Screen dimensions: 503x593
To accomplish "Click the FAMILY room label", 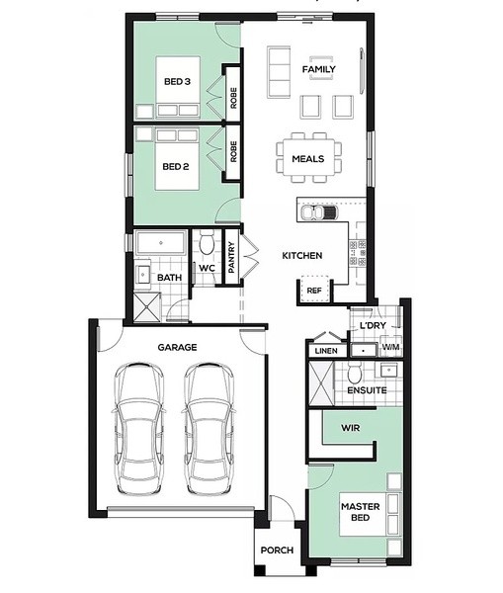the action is coord(319,69).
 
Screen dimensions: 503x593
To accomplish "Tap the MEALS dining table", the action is coord(308,158).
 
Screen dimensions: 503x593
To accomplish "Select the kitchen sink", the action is coord(318,212).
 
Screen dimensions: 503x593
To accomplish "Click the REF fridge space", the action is coord(314,291).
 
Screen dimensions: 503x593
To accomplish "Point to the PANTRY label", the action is coord(231,258).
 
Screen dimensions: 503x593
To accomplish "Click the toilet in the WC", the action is coord(207,242).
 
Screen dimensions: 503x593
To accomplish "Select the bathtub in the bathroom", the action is coord(161,243).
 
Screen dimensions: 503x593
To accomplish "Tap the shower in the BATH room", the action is coord(147,307).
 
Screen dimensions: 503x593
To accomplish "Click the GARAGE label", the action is coord(177,347).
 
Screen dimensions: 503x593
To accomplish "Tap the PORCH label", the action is coord(278,551).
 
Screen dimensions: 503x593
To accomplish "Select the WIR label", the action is coord(350,428).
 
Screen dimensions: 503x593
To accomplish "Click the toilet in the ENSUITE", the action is coord(355,373).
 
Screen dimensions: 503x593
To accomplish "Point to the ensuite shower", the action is coord(321,383).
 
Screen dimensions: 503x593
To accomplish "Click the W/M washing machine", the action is coord(390,346).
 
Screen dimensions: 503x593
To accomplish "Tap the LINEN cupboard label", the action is coord(326,351).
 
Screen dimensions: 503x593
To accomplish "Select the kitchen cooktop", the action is coord(358,253).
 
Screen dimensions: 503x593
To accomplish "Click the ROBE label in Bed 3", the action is coord(233,98).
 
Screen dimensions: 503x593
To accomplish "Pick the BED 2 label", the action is coord(176,166).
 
